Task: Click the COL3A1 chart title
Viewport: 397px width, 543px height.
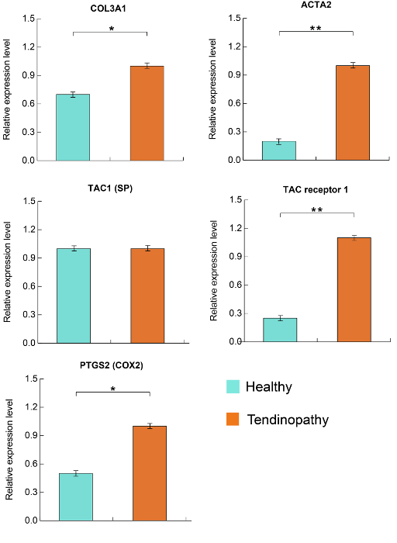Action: coord(108,9)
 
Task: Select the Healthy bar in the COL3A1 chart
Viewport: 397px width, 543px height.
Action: coord(73,127)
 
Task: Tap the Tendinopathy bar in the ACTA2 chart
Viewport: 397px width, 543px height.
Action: coord(353,113)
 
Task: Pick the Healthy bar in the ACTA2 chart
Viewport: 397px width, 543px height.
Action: coord(279,150)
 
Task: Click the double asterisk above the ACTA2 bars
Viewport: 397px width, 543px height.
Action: coord(316,28)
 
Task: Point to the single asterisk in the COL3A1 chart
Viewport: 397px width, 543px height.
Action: coord(112,29)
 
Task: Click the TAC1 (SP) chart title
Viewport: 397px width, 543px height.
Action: coord(110,188)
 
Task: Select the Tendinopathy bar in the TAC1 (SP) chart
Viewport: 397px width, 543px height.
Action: coord(147,296)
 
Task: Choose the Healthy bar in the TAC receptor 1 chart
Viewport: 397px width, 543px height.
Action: coord(280,330)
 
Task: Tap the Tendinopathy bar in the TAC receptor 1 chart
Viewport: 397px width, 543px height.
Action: coord(354,290)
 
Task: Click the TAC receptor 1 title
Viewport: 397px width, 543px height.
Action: coord(316,190)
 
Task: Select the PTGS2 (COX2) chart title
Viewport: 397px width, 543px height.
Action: coord(112,365)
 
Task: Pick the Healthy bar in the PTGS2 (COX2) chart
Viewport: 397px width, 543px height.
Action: coord(76,497)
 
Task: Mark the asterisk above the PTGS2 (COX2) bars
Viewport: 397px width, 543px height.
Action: coord(113,389)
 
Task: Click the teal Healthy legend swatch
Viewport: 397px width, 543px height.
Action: coord(233,386)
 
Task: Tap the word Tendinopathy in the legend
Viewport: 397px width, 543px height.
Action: coord(288,420)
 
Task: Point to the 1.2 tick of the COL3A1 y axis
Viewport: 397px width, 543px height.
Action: coord(29,47)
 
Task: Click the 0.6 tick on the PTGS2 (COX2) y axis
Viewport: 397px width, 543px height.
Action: coord(32,464)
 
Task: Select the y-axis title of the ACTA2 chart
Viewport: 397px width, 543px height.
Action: coord(212,89)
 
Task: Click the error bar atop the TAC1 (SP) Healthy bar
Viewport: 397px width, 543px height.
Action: coord(74,248)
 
